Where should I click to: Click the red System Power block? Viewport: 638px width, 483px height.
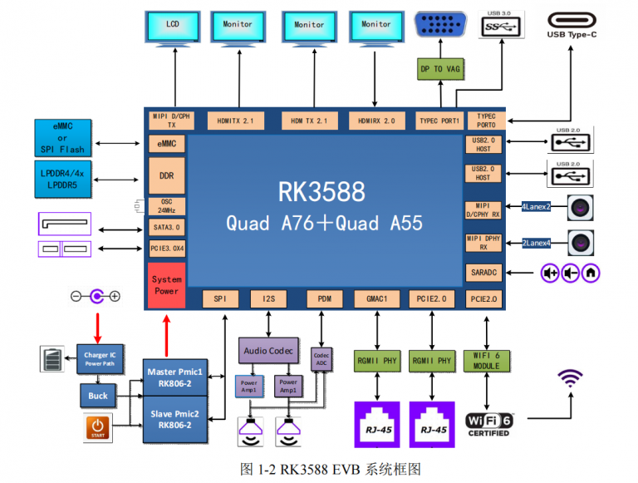pos(166,285)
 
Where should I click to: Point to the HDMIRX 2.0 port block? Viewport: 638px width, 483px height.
pos(376,121)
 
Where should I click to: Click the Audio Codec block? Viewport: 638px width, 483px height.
pos(267,351)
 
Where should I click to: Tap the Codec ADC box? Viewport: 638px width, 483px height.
pos(321,359)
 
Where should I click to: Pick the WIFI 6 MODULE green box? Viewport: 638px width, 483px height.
pos(486,360)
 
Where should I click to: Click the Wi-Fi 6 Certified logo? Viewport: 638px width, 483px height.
pos(488,421)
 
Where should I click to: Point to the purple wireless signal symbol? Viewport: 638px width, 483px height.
pos(569,379)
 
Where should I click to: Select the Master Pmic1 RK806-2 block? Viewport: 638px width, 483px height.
pos(174,376)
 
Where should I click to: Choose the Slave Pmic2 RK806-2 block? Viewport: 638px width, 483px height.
pos(174,418)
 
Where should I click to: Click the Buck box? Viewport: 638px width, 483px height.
pos(98,396)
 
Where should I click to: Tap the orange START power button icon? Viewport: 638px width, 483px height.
pos(97,428)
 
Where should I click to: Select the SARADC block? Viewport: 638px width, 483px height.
pos(484,273)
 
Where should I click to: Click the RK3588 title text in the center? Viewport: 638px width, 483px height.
pos(321,192)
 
